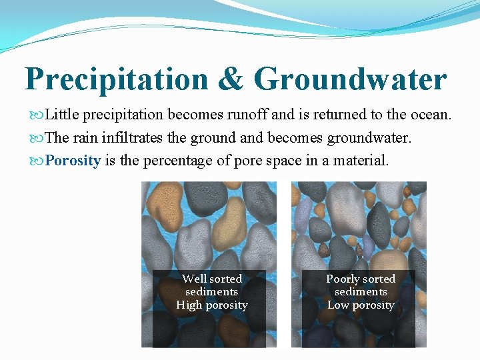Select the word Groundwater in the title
[x=350, y=80]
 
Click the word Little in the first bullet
[x=63, y=115]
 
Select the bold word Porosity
[x=73, y=161]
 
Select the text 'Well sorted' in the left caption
[x=211, y=279]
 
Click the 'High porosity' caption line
[x=211, y=305]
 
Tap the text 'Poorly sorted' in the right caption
[x=361, y=279]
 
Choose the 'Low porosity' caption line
[x=361, y=305]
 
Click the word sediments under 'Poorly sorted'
[x=361, y=292]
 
